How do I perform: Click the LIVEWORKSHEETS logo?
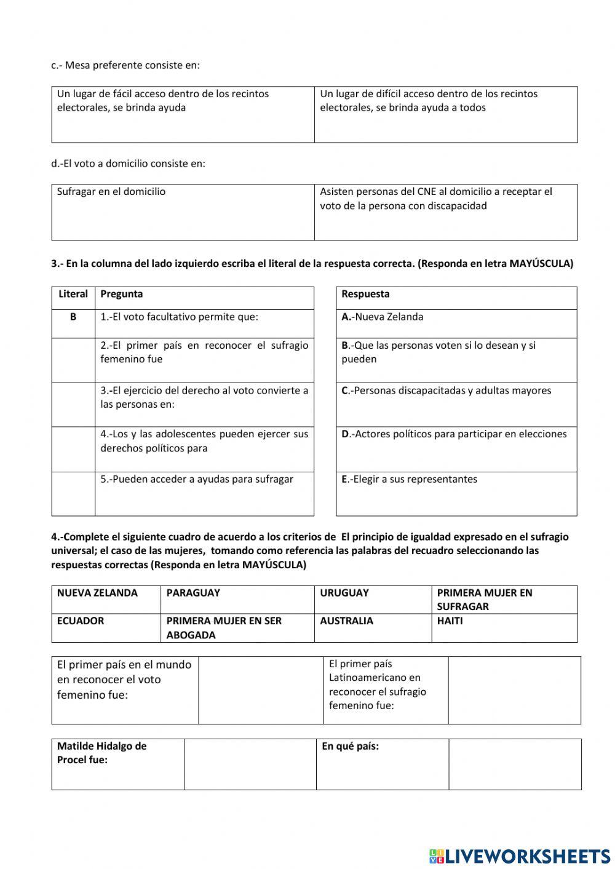520,855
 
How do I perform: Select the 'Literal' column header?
73,295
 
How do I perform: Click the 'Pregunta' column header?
122,295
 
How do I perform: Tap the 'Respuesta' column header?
365,295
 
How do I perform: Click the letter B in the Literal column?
73,317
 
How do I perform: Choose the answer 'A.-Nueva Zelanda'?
383,317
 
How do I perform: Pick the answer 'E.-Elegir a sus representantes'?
410,480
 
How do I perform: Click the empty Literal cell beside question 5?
73,493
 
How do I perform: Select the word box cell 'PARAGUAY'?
193,593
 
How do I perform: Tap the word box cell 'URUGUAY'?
344,593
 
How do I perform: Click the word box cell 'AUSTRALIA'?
346,621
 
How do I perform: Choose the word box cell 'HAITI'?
450,621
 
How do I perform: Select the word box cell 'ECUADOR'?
81,621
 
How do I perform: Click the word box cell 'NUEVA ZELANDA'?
97,593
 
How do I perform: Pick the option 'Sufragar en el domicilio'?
111,192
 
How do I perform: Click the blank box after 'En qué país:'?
514,764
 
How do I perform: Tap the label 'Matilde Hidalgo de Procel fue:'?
102,753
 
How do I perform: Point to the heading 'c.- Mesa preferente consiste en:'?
125,65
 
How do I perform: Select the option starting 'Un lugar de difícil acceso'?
429,101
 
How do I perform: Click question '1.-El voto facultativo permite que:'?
180,317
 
